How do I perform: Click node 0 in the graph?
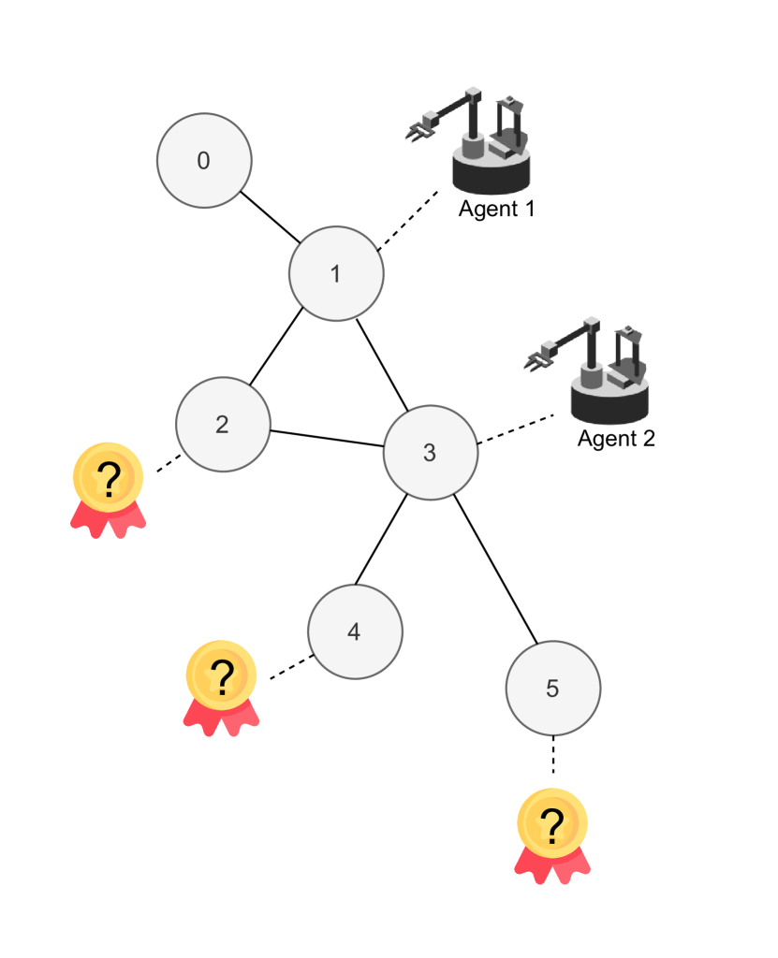[204, 160]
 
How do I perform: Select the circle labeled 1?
[336, 274]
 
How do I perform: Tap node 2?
[223, 425]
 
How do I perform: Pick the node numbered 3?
[431, 453]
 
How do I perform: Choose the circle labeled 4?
[355, 631]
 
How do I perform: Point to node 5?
[552, 689]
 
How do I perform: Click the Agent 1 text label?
[496, 209]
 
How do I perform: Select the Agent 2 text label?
[615, 438]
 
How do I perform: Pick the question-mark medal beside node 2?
[109, 488]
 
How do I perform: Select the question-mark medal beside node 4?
[221, 686]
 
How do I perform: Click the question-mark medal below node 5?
[552, 835]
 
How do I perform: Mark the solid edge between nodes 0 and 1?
[270, 217]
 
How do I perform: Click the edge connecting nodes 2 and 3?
[327, 439]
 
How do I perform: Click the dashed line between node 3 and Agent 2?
[515, 429]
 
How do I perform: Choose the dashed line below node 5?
[552, 755]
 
